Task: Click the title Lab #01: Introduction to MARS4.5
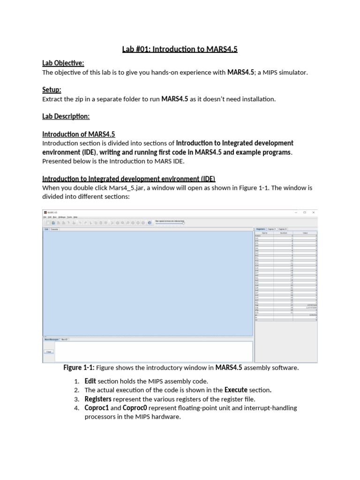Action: pyautogui.click(x=180, y=49)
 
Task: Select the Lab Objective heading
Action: pyautogui.click(x=63, y=63)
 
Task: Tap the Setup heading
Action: pyautogui.click(x=52, y=90)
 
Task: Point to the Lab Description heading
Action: pyautogui.click(x=66, y=116)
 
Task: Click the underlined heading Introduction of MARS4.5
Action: pyautogui.click(x=78, y=134)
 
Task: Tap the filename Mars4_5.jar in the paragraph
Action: pyautogui.click(x=125, y=187)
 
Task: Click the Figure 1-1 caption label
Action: pyautogui.click(x=79, y=368)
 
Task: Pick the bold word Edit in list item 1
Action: pyautogui.click(x=90, y=381)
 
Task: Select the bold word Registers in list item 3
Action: pyautogui.click(x=98, y=399)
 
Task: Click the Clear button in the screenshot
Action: pyautogui.click(x=48, y=352)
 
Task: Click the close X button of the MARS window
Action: pyautogui.click(x=313, y=212)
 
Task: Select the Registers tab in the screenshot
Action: pyautogui.click(x=261, y=229)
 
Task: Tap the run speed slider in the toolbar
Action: pyautogui.click(x=169, y=223)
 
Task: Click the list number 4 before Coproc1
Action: pyautogui.click(x=76, y=408)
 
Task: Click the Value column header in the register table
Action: pyautogui.click(x=305, y=232)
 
